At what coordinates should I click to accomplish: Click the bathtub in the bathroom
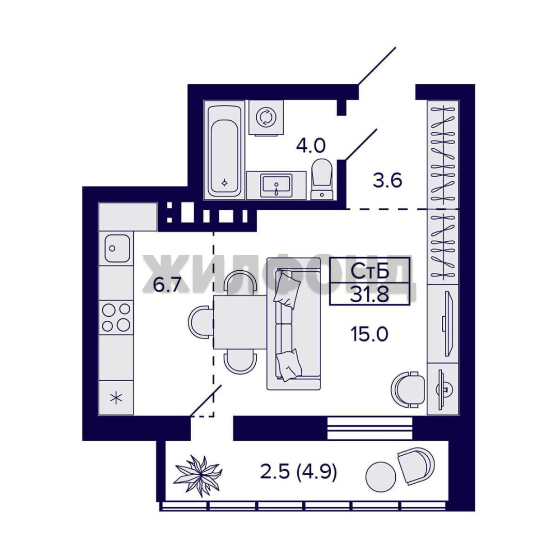click(x=224, y=149)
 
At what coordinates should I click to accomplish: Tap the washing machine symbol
click(x=266, y=117)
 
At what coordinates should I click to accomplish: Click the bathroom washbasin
click(x=276, y=185)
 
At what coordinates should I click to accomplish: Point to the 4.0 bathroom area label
click(x=311, y=146)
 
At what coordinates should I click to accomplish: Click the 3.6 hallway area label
click(x=387, y=180)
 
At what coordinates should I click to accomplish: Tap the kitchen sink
click(x=117, y=248)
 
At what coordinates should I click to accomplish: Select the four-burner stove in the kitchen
click(x=116, y=317)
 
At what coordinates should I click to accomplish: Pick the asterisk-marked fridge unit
click(x=116, y=397)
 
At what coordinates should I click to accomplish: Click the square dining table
click(x=240, y=322)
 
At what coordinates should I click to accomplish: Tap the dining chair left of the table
click(x=200, y=322)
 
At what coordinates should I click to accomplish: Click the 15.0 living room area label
click(x=369, y=334)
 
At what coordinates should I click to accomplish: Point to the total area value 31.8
click(x=369, y=294)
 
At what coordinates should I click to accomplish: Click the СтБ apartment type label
click(x=370, y=272)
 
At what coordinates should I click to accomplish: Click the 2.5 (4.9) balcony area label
click(x=298, y=472)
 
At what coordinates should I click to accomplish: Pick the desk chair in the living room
click(x=408, y=390)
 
